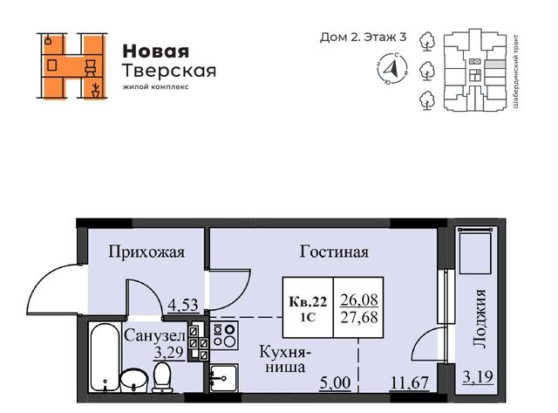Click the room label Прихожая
point(146,252)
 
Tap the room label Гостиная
point(334,251)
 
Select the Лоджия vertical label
point(480,318)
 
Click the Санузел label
point(155,335)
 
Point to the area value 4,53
point(182,305)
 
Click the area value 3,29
point(168,353)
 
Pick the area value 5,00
point(335,383)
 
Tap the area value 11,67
point(409,383)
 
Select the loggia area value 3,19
point(478,376)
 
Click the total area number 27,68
point(359,317)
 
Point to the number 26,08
point(359,300)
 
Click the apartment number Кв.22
point(308,302)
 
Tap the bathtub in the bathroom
point(105,357)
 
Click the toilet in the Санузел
point(162,377)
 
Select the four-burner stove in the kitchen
point(225,335)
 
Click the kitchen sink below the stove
point(223,378)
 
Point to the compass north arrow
point(392,68)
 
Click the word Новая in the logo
point(156,52)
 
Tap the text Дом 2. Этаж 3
point(363,37)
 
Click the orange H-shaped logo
point(71,65)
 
